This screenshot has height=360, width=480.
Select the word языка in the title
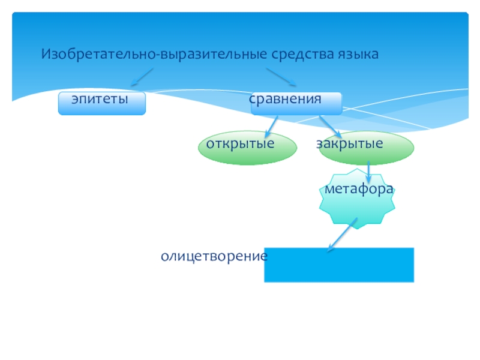pyautogui.click(x=358, y=55)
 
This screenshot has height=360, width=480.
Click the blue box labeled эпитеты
pyautogui.click(x=101, y=104)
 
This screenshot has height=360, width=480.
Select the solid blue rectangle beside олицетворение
pyautogui.click(x=339, y=265)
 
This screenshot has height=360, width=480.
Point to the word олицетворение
pyautogui.click(x=214, y=256)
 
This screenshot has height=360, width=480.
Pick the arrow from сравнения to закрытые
pyautogui.click(x=327, y=126)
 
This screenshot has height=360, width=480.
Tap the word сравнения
pyautogui.click(x=286, y=98)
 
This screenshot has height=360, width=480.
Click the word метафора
pyautogui.click(x=359, y=188)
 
